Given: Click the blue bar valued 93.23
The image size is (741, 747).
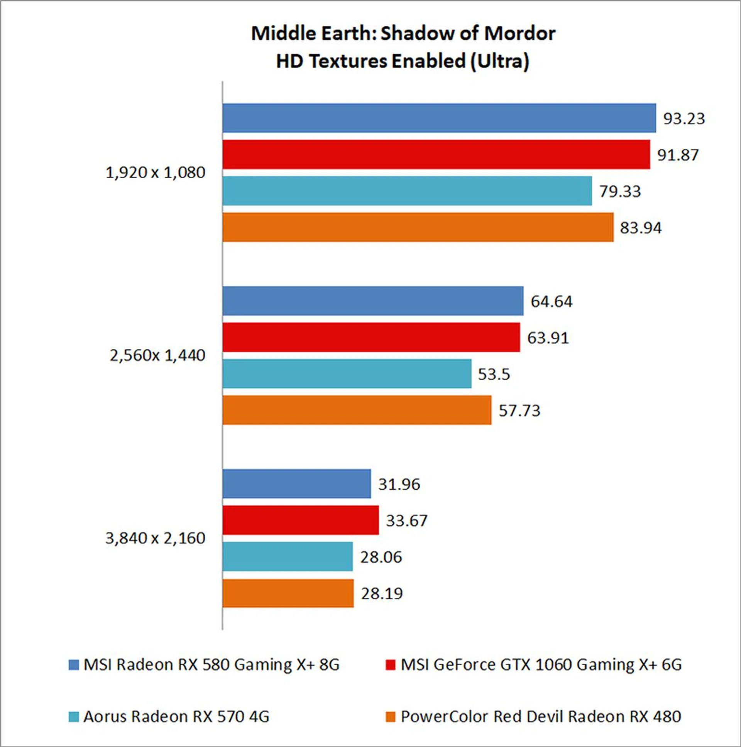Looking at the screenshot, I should point(439,118).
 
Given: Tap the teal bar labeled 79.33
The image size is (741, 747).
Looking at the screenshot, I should point(407,191).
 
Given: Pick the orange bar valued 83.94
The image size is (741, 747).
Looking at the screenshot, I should point(418,227).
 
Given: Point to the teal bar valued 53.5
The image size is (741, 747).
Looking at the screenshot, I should point(347,373).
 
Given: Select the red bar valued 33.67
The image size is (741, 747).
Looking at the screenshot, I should point(301,520).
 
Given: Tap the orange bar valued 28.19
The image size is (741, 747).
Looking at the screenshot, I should point(288,593).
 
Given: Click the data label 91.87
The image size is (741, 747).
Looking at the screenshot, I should point(678,155).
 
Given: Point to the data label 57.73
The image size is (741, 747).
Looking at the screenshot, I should point(519,410).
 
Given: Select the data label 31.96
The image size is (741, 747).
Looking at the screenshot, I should point(399,484).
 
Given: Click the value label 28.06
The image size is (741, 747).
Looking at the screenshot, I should point(381,557).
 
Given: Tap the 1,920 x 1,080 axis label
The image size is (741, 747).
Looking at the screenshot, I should point(155,172).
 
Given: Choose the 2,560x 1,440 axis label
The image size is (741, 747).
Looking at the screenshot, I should point(157,355).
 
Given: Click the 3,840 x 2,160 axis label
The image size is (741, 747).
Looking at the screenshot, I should point(155,538).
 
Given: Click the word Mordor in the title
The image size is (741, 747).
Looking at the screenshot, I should point(519,33).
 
